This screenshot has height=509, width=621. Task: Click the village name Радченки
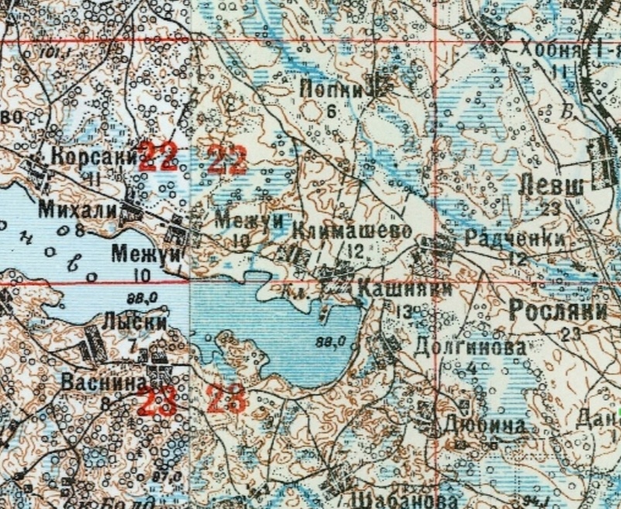click(513, 240)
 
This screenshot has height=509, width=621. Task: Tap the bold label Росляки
click(557, 311)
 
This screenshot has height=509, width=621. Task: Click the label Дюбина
click(482, 425)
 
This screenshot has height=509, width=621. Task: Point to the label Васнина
click(100, 382)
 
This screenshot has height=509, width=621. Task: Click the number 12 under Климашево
click(356, 251)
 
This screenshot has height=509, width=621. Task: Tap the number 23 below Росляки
click(572, 334)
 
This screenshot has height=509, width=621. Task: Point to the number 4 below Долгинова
click(472, 368)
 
